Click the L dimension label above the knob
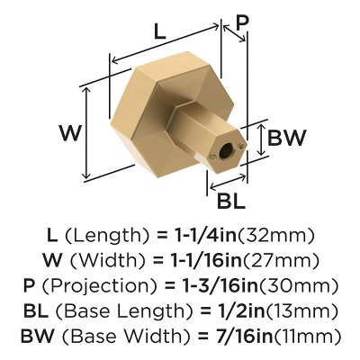tap(159, 30)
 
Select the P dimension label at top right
tap(241, 22)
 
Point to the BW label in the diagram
tap(287, 138)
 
